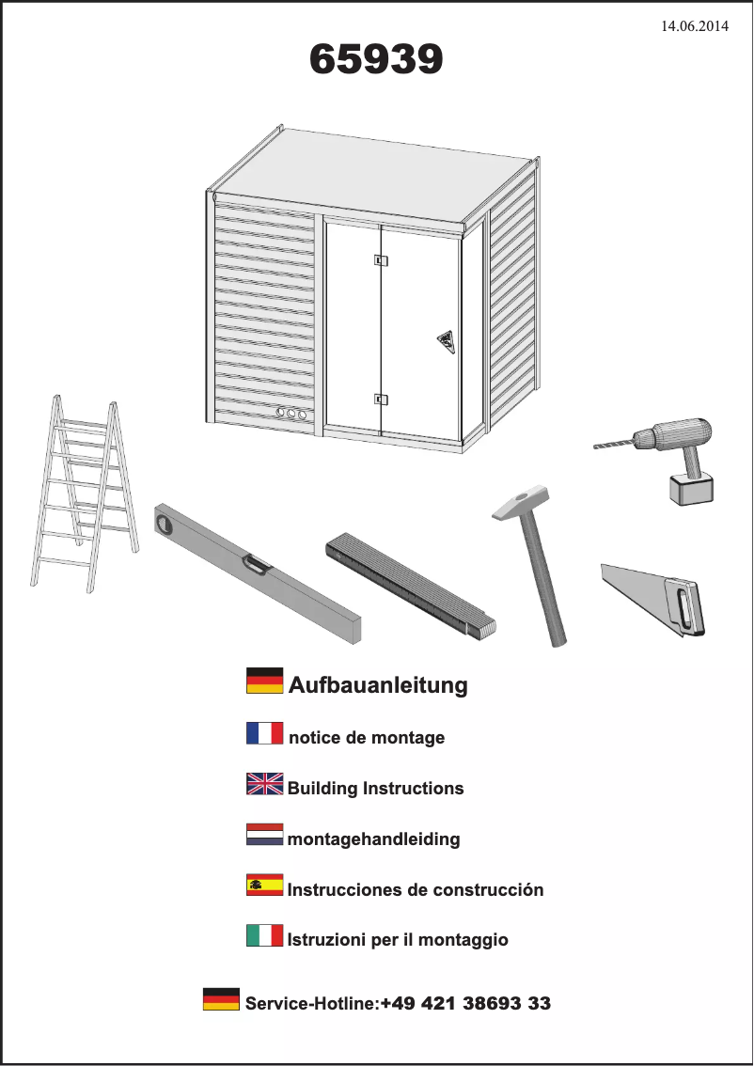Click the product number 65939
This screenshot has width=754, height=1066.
376,59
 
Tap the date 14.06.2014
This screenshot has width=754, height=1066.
695,25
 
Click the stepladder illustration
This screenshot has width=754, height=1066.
85,494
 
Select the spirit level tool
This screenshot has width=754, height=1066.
257,572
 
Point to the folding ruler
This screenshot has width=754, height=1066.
411,586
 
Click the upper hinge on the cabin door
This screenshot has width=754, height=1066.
381,259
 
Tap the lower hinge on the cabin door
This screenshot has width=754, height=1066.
381,400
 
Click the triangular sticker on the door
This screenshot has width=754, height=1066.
446,341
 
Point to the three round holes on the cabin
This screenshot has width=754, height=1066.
291,413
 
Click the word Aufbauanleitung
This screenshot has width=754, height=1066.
378,684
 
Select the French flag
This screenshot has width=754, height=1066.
264,733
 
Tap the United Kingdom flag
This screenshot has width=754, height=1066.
264,784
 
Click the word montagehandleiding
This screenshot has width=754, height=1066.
373,839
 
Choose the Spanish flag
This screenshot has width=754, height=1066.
264,885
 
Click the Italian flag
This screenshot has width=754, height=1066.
264,935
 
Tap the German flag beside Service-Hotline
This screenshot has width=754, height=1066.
221,998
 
